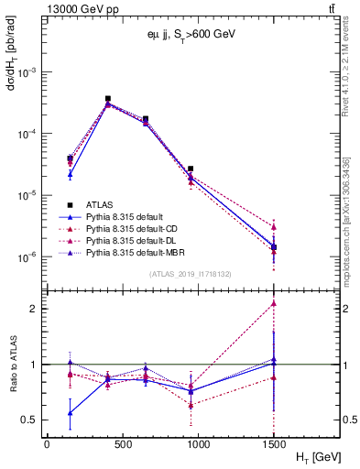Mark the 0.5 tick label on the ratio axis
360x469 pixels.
(30, 420)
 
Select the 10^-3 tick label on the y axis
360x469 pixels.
(27, 71)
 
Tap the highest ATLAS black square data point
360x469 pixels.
(108, 98)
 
